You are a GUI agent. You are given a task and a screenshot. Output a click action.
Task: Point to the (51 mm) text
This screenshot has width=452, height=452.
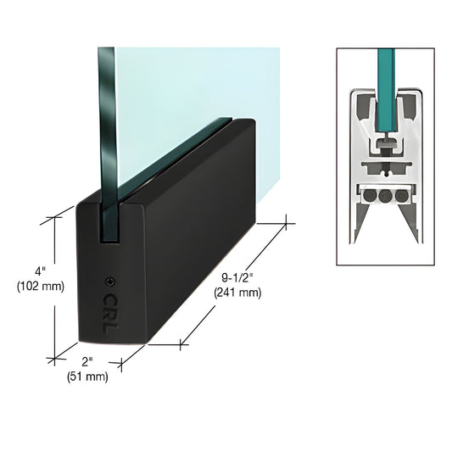point(87,377)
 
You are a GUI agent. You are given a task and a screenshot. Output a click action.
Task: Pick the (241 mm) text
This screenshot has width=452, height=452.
point(238,293)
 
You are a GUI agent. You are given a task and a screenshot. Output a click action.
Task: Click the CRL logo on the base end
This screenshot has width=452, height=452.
point(109,311)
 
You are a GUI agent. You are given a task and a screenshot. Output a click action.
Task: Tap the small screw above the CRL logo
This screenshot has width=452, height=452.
point(109,282)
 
